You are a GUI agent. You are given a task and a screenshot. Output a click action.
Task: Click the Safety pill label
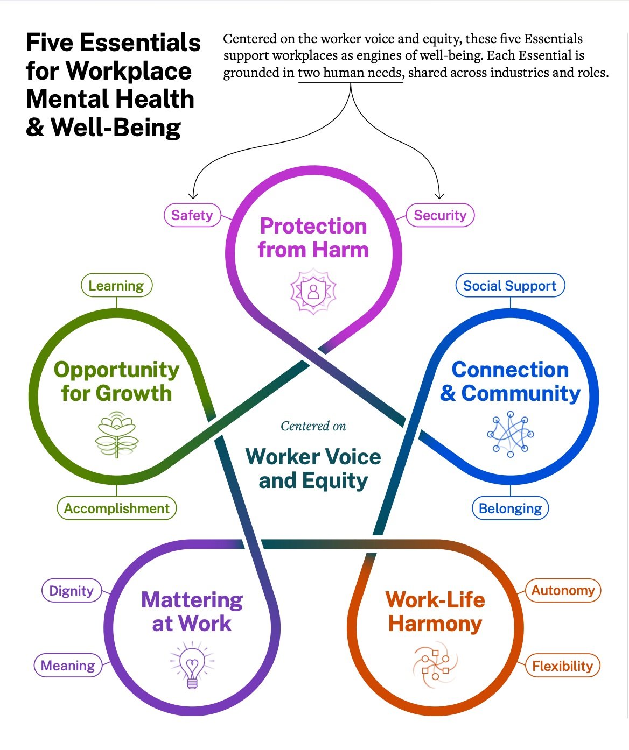[192, 215]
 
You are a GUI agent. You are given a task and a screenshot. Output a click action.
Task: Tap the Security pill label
[439, 215]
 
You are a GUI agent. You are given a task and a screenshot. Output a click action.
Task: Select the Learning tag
[116, 286]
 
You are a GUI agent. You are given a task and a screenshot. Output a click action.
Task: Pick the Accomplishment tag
[117, 508]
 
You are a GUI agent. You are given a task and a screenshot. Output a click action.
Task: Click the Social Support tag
[509, 286]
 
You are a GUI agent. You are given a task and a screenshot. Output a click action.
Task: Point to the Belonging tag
[510, 508]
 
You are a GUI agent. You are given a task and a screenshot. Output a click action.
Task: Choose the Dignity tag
[71, 591]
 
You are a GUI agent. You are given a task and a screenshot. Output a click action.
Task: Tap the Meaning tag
[68, 666]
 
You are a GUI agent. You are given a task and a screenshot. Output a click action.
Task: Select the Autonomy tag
[563, 590]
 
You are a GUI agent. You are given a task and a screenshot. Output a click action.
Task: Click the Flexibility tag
[562, 666]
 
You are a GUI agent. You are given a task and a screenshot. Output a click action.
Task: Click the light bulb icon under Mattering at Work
[192, 665]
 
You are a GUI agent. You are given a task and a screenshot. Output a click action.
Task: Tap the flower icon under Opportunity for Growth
[117, 435]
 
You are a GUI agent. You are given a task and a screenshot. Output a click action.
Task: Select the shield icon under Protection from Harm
[313, 292]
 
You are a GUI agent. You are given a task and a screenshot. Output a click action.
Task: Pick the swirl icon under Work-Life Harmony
[435, 666]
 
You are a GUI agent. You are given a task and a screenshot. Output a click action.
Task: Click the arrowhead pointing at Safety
[193, 196]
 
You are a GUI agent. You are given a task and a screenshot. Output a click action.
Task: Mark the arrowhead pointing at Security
[439, 196]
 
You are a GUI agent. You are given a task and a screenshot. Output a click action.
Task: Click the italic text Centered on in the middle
[313, 426]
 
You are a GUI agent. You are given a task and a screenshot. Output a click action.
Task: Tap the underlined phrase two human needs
[351, 73]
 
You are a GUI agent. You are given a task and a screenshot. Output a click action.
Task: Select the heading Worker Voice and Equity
[313, 469]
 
